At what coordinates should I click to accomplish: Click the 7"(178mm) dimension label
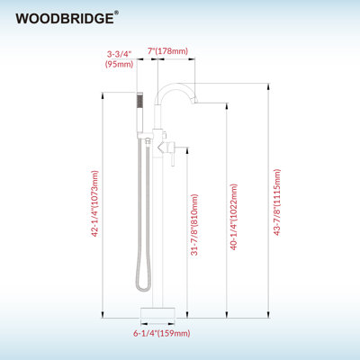coord(167,51)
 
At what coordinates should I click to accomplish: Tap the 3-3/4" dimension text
coord(120,54)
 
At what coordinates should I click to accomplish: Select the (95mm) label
coord(119,64)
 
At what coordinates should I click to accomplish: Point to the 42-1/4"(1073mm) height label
coord(94,203)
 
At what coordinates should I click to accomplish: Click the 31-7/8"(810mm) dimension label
coord(194,225)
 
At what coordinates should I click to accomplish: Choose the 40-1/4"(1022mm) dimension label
coord(233,217)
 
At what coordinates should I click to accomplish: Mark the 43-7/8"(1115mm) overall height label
coord(277,202)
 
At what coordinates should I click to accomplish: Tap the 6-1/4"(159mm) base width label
coord(162,333)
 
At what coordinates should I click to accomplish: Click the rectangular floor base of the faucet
coord(158,312)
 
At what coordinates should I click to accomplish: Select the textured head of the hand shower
coord(140,100)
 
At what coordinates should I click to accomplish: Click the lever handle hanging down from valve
coord(173,156)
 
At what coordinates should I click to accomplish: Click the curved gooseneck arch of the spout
coord(175,89)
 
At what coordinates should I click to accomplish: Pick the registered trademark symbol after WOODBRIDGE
coord(116,13)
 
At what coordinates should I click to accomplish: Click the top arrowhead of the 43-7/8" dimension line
coord(268,86)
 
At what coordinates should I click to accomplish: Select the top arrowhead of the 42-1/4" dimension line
coord(103,95)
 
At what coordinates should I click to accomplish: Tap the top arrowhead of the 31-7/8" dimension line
coord(187,150)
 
